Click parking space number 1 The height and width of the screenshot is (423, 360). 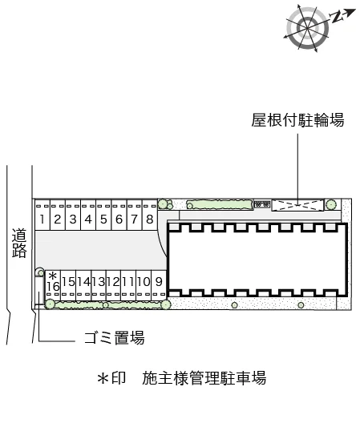pyautogui.click(x=42, y=215)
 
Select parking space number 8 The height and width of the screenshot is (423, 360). pyautogui.click(x=150, y=215)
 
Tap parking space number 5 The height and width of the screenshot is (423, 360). pyautogui.click(x=103, y=215)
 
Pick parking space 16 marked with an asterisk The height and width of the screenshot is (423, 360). pyautogui.click(x=53, y=285)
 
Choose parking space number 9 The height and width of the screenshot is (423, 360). pyautogui.click(x=159, y=285)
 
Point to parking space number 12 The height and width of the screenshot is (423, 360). pyautogui.click(x=113, y=285)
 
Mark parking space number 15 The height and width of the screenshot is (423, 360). pyautogui.click(x=68, y=285)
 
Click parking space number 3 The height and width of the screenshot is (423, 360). pyautogui.click(x=73, y=215)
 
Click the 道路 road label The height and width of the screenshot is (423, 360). pyautogui.click(x=19, y=243)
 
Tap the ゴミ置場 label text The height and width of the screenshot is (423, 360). pyautogui.click(x=114, y=337)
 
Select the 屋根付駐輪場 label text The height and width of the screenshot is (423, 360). pyautogui.click(x=297, y=120)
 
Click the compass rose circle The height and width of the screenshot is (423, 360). pyautogui.click(x=307, y=28)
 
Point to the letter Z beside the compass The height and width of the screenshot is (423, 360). pyautogui.click(x=337, y=17)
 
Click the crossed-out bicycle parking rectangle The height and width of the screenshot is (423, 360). pyautogui.click(x=297, y=206)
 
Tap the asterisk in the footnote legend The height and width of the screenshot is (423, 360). pyautogui.click(x=103, y=378)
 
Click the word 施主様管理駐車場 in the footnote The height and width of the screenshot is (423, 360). pyautogui.click(x=204, y=378)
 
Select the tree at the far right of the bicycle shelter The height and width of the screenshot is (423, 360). pyautogui.click(x=331, y=205)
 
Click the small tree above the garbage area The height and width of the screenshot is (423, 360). pyautogui.click(x=40, y=272)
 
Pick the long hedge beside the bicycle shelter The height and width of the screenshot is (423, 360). pyautogui.click(x=220, y=204)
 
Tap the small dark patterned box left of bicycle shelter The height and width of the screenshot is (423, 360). pyautogui.click(x=262, y=204)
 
